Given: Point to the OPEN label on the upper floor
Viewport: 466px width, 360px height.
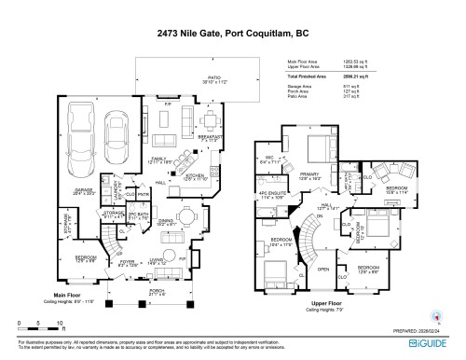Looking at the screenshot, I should point(323,269).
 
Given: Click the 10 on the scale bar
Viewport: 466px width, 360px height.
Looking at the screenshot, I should point(60,323).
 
